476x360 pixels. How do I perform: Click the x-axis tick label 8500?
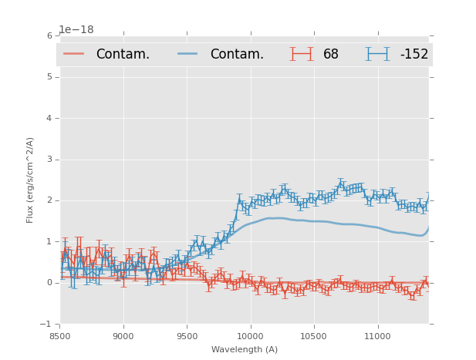59,336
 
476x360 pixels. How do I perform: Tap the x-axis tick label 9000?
123,336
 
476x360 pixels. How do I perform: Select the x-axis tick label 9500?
187,336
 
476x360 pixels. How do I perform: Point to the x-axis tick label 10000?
250,336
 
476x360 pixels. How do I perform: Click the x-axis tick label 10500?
314,336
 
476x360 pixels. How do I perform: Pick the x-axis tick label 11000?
377,336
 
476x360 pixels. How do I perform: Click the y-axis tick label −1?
49,324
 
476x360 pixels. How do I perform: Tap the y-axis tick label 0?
51,283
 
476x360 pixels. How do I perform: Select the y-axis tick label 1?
51,241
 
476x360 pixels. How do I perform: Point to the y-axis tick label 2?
51,200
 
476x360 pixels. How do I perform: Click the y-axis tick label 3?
51,160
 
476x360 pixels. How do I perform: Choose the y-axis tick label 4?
51,118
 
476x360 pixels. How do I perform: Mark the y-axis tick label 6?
51,36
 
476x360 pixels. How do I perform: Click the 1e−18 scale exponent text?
76,30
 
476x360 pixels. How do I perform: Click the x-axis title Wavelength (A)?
245,349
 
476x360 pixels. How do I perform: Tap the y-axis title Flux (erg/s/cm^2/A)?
31,180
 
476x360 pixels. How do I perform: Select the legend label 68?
331,54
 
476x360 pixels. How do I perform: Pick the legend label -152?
414,54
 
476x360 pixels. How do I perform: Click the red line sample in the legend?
74,54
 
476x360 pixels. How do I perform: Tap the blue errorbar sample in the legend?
378,54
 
